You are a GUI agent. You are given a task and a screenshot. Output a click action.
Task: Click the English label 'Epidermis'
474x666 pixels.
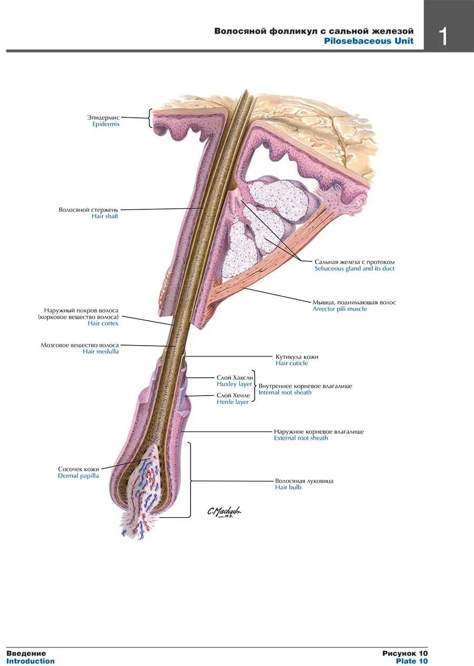(x=106, y=125)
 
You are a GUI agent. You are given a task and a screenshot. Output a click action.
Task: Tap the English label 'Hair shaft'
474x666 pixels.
(x=105, y=216)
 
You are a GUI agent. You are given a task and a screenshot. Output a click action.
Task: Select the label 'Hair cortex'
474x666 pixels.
(x=103, y=324)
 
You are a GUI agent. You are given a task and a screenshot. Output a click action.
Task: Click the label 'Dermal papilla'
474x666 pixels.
(x=78, y=476)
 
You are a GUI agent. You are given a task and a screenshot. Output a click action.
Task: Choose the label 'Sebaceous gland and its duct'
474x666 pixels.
(x=354, y=269)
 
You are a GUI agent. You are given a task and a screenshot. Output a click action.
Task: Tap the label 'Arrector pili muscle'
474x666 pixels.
(x=340, y=309)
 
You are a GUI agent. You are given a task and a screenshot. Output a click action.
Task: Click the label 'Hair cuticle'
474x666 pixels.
(x=292, y=364)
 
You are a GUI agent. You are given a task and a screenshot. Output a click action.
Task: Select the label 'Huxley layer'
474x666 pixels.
(x=234, y=385)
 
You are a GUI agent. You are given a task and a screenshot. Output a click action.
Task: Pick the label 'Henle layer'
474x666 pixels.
(x=233, y=402)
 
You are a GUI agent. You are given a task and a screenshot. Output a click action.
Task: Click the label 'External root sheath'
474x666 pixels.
(x=301, y=438)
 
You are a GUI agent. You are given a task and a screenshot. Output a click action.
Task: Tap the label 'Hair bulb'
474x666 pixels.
(x=288, y=488)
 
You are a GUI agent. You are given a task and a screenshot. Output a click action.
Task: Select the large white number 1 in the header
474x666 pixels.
(x=443, y=37)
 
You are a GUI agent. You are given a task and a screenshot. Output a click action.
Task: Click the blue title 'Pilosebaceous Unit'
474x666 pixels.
(x=369, y=41)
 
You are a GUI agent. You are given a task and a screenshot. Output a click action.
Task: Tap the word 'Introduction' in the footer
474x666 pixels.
(x=31, y=661)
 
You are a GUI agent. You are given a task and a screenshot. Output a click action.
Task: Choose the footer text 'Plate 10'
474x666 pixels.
(x=412, y=661)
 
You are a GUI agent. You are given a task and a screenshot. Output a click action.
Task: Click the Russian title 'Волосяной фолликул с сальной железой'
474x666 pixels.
(x=313, y=31)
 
